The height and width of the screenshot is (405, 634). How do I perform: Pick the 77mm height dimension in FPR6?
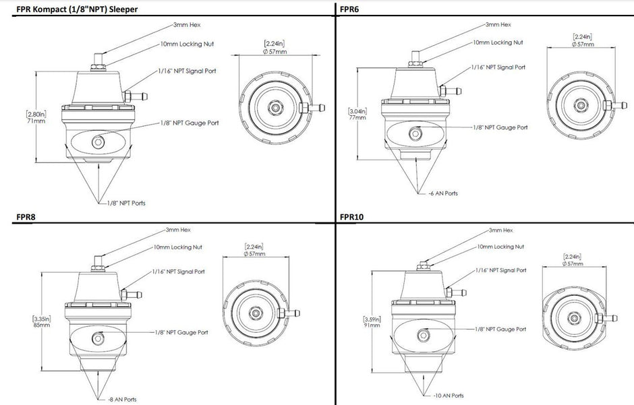357,117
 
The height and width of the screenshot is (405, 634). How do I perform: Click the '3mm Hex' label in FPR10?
500,230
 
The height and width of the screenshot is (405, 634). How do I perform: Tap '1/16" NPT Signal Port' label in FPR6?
498,68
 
